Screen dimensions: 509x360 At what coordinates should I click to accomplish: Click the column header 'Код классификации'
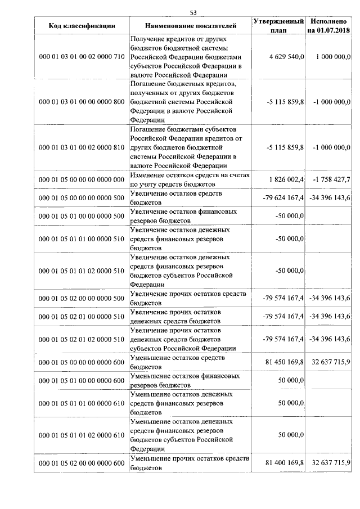[82, 26]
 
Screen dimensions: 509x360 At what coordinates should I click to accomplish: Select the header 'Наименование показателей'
[191, 26]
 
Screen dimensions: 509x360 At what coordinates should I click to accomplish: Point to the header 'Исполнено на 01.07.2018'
[328, 25]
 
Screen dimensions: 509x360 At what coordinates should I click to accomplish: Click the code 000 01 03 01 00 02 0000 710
[82, 57]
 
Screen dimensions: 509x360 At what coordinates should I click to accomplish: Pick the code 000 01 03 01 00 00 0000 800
[82, 102]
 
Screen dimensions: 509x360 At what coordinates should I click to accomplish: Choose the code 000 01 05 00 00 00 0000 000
[82, 179]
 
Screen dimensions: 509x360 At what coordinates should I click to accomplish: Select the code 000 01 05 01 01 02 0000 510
[82, 271]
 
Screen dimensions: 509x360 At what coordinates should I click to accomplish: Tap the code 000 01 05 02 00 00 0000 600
[82, 463]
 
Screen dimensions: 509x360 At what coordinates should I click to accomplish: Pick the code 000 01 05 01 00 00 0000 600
[82, 381]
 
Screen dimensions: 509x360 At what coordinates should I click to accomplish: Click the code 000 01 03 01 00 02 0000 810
[82, 147]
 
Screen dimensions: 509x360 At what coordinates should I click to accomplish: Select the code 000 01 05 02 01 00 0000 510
[82, 317]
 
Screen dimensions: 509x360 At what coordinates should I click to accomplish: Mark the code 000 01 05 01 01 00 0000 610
[82, 403]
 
